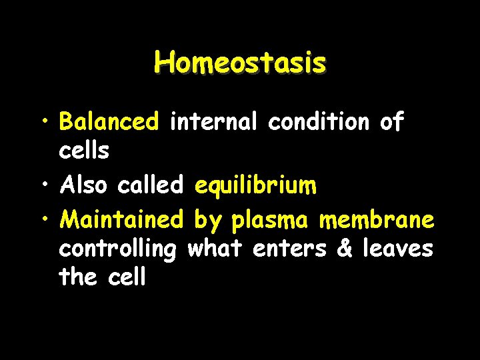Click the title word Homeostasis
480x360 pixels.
240,63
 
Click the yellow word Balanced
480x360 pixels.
109,122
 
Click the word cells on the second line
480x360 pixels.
84,151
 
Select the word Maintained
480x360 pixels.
121,219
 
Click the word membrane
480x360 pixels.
377,219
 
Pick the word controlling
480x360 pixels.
118,249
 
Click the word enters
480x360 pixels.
291,249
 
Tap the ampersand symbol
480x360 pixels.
345,249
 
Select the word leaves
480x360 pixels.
398,248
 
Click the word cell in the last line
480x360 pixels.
127,277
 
